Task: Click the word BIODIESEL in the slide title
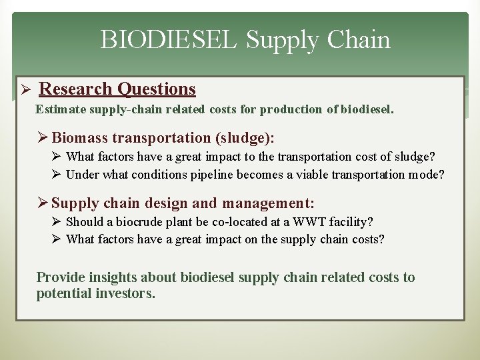coord(169,41)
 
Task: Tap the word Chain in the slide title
coord(359,41)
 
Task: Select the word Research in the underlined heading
coord(76,89)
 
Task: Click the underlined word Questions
coord(156,89)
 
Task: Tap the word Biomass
coord(80,138)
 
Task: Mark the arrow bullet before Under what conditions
coord(57,175)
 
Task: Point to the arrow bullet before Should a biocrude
coord(57,221)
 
